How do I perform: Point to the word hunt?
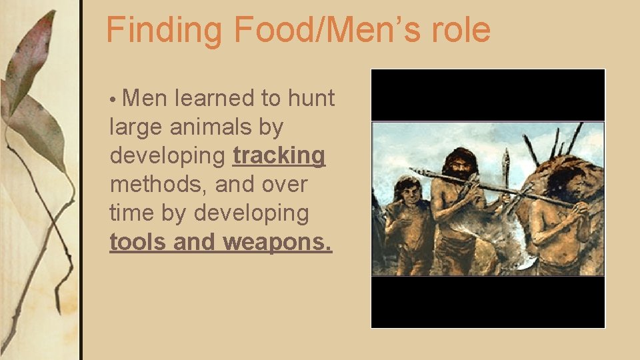(x=311, y=99)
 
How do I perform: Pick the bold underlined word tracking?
(x=279, y=156)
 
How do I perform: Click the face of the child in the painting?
(x=409, y=193)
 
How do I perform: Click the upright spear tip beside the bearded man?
(x=506, y=160)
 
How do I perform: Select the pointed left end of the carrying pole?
(x=413, y=171)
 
